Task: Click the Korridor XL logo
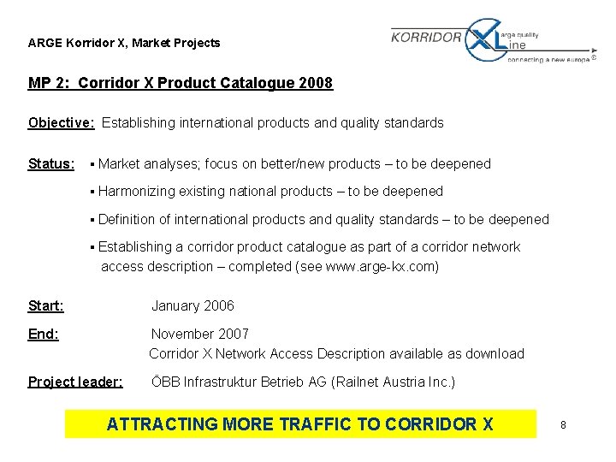(490, 41)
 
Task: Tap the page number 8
(563, 424)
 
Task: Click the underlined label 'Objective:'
(62, 122)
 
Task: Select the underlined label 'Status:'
(51, 163)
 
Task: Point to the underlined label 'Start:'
(46, 305)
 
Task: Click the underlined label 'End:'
(44, 334)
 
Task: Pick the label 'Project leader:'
(75, 382)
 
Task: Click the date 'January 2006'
(192, 305)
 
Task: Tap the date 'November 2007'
(200, 334)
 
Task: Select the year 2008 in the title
(315, 83)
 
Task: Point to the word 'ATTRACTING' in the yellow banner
(162, 423)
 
